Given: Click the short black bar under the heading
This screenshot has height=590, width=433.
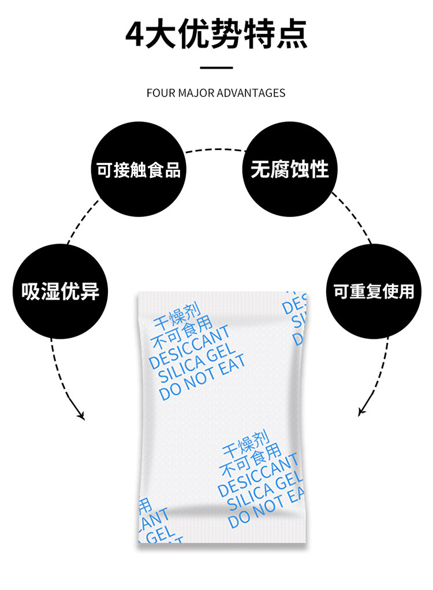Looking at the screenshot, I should pos(216,68).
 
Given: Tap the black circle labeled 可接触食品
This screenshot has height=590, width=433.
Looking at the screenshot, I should pos(138,170).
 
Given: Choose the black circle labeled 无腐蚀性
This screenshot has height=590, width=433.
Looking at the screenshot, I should pos(289,169).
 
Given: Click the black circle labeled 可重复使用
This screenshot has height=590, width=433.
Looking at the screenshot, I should pos(374,291).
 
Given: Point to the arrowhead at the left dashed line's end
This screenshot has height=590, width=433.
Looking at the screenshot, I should pos(80,415).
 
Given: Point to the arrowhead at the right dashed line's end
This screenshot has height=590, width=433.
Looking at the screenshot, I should pos(361,412).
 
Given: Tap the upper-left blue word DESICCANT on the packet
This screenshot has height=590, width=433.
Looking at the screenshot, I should pos(189,347).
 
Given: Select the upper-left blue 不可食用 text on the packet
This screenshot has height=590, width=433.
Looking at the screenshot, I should pos(180,329).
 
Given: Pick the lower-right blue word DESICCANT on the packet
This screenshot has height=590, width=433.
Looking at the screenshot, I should pos(258,475).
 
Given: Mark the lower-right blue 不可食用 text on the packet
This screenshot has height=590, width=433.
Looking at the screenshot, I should pos(250,457).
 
